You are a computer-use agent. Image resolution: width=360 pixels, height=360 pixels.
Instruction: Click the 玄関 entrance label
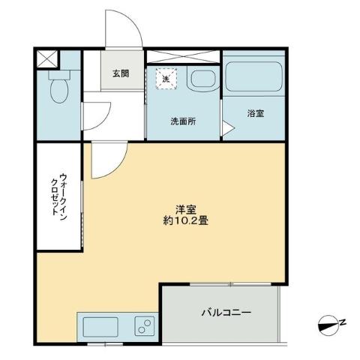(x=120, y=73)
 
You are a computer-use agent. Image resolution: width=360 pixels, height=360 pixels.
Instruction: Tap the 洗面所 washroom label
(x=182, y=122)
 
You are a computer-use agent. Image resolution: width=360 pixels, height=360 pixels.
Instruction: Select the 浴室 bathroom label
(x=255, y=113)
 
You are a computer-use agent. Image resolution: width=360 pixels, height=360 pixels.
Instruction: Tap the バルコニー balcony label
(x=225, y=313)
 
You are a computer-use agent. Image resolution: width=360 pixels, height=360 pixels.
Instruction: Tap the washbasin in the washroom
(x=200, y=79)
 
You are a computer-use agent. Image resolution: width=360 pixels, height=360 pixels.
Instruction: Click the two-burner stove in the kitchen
(x=143, y=327)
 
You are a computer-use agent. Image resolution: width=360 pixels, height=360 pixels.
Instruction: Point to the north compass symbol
(x=326, y=324)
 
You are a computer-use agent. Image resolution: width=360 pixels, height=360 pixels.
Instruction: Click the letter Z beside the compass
(x=342, y=322)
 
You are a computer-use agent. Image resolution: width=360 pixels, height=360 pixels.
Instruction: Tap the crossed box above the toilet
(x=46, y=58)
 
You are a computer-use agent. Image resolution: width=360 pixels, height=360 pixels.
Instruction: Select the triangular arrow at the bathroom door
(x=226, y=129)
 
